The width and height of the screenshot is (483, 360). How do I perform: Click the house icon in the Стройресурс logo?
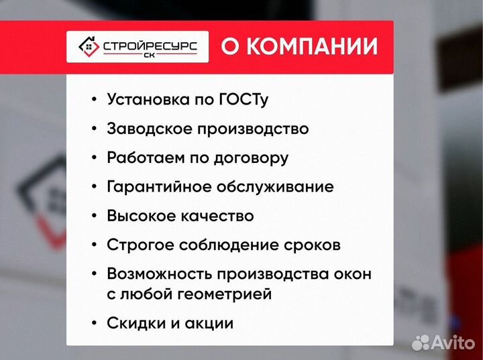[88, 46]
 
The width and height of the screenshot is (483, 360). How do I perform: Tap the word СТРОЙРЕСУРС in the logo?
[150, 44]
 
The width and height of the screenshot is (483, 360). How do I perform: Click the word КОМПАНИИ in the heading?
[311, 46]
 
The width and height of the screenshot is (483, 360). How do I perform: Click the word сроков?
[314, 245]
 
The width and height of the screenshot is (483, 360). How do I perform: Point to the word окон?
[353, 274]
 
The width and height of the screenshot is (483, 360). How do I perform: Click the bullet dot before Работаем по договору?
[93, 158]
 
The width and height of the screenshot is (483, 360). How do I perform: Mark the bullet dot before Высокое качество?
[93, 216]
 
